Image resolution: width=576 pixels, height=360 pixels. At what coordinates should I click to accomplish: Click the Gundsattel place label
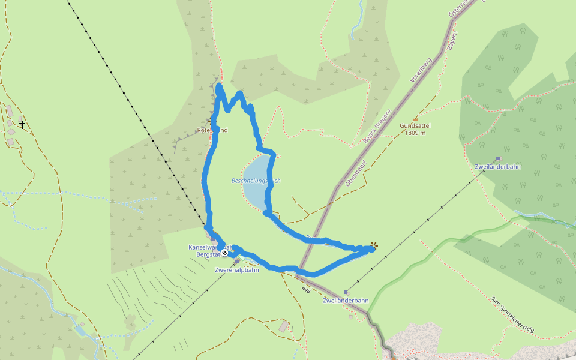pyautogui.click(x=415, y=126)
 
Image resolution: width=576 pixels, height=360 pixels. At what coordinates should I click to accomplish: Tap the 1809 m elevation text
pyautogui.click(x=415, y=133)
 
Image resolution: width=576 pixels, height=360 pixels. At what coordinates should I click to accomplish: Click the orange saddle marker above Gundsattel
pyautogui.click(x=415, y=119)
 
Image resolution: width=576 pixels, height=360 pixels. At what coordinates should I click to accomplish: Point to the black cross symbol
pyautogui.click(x=22, y=125)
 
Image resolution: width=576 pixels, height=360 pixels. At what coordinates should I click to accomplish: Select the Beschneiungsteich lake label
pyautogui.click(x=256, y=181)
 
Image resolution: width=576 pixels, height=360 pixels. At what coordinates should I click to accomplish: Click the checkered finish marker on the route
pyautogui.click(x=224, y=253)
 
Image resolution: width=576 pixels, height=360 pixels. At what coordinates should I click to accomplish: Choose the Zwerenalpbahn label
pyautogui.click(x=236, y=270)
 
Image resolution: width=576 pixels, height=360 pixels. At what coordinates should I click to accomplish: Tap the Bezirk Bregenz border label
pyautogui.click(x=377, y=125)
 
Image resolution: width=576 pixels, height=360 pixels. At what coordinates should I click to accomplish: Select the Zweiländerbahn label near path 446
pyautogui.click(x=345, y=300)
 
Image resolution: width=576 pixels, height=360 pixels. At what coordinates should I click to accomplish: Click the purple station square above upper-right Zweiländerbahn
pyautogui.click(x=497, y=159)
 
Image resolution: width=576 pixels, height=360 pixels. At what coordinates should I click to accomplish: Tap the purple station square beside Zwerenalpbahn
pyautogui.click(x=237, y=262)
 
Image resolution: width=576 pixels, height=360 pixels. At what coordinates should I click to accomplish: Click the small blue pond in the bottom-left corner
pyautogui.click(x=80, y=331)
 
